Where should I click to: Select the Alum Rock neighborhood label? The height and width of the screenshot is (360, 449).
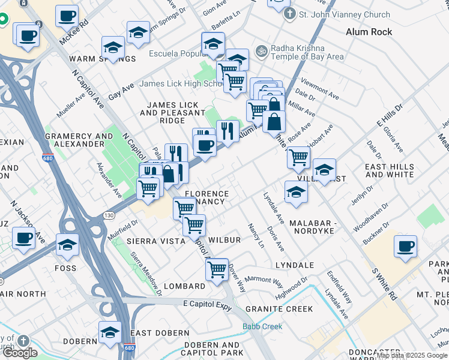369,32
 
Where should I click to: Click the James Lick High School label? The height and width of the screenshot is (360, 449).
181,83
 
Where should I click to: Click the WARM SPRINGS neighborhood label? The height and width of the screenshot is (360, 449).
103,59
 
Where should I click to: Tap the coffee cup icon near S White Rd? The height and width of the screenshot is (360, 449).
405,245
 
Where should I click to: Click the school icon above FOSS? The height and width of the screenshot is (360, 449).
67,244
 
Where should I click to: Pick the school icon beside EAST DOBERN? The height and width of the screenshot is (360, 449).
110,332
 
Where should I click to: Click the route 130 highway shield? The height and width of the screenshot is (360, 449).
109,215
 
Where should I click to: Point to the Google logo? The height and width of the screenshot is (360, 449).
20,353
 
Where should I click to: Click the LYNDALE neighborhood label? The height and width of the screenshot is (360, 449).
295,265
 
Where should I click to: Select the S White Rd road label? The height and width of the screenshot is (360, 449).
385,286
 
